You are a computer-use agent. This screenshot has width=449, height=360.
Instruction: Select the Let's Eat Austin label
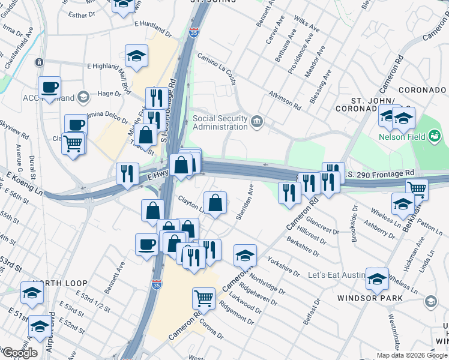pyautogui.click(x=337, y=275)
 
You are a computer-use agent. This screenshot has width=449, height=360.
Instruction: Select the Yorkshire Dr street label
pyautogui.click(x=283, y=266)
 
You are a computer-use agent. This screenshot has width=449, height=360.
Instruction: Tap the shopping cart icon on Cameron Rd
pyautogui.click(x=204, y=297)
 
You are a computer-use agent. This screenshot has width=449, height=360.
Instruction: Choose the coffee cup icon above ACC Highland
pyautogui.click(x=49, y=86)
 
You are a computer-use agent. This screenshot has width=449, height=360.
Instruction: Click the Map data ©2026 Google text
pyautogui.click(x=411, y=355)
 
